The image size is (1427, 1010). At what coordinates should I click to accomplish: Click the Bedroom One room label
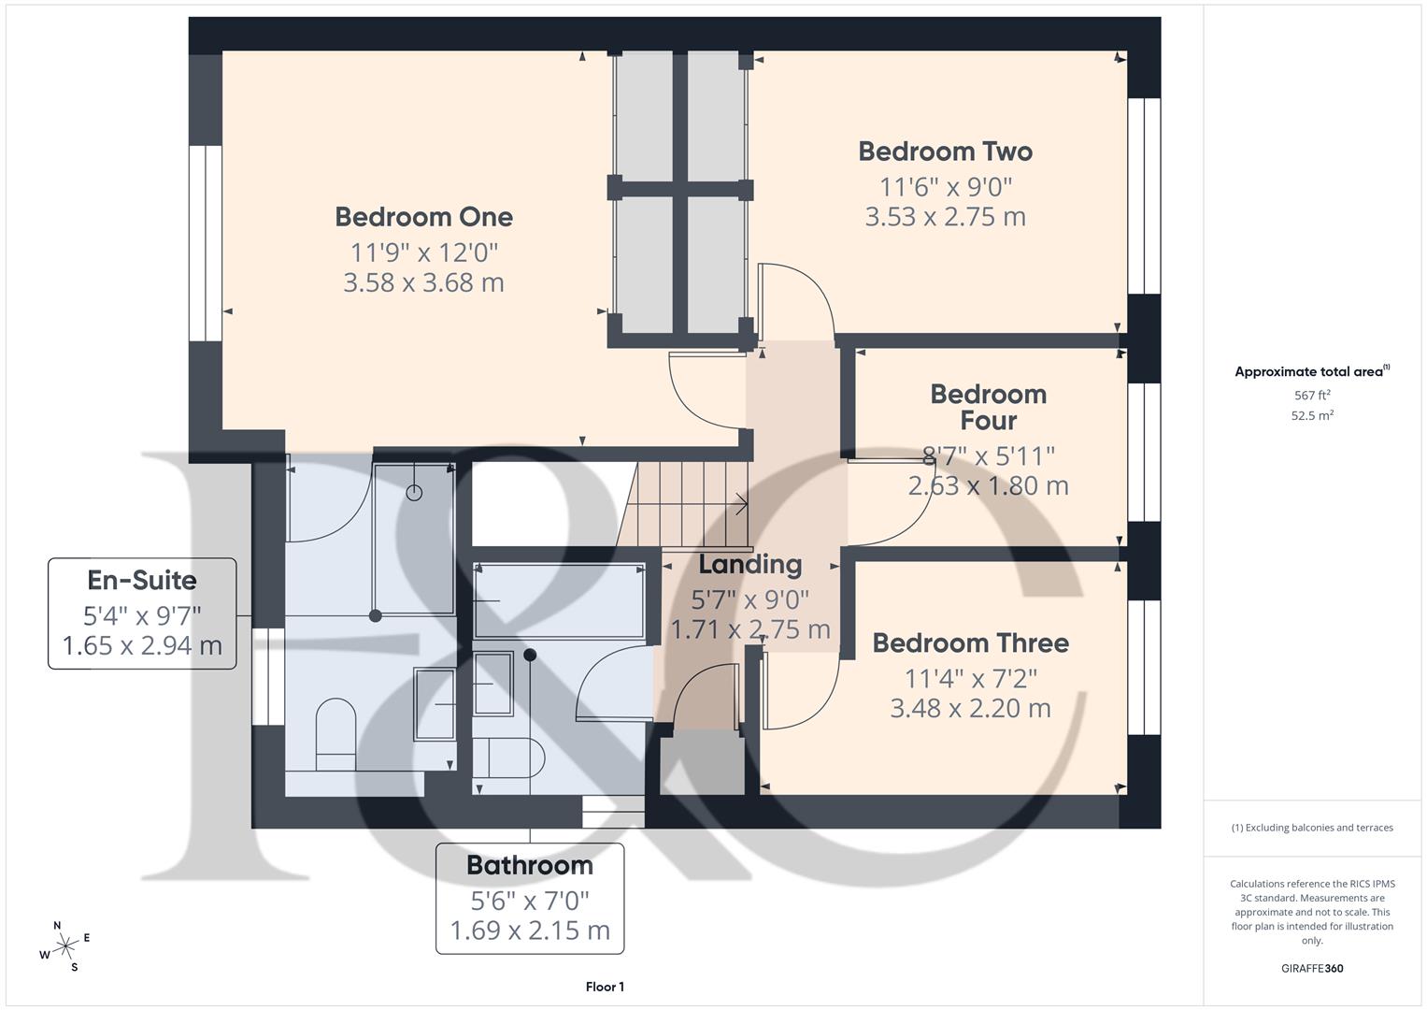423,217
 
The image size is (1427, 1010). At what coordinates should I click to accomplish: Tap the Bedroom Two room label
945,151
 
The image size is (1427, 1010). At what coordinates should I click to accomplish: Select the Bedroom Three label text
970,643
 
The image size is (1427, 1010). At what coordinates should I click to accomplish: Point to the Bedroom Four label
988,407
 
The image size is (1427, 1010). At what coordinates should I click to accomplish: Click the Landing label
749,565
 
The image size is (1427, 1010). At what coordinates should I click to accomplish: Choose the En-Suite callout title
142,580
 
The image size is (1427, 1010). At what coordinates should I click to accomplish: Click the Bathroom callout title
530,865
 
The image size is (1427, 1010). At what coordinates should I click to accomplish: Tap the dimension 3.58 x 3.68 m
423,282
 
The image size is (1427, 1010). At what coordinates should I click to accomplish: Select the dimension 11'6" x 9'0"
945,187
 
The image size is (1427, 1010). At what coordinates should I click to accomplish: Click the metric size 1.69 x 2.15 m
530,931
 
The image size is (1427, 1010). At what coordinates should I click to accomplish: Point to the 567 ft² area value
1312,396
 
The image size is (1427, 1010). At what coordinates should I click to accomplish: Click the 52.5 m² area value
1312,416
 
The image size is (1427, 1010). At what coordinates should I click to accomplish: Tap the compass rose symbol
64,946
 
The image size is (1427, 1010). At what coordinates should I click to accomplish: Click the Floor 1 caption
605,987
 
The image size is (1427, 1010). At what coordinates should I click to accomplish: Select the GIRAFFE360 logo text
1312,968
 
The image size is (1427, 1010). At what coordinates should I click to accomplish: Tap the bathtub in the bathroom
559,600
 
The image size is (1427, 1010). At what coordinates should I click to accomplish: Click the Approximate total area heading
1310,372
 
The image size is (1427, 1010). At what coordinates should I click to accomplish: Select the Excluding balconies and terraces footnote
1312,828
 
